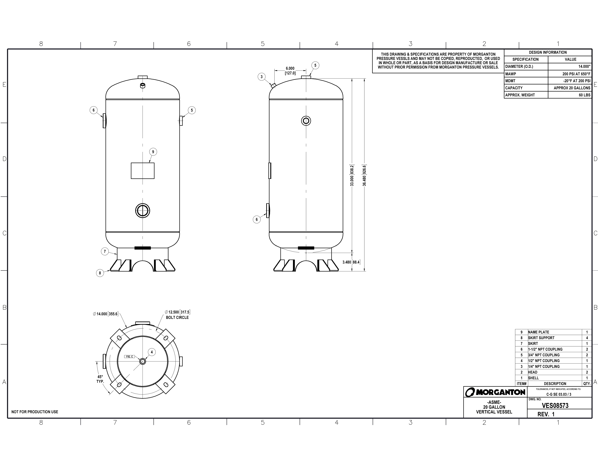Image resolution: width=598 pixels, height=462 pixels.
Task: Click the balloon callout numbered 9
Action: tap(153, 152)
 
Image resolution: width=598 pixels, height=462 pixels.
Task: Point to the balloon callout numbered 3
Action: tap(261, 77)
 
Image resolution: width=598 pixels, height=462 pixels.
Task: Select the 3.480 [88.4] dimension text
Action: tap(351, 262)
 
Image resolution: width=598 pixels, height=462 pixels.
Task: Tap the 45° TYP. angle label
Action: tap(100, 379)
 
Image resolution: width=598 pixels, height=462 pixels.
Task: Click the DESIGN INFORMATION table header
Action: tap(548, 52)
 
